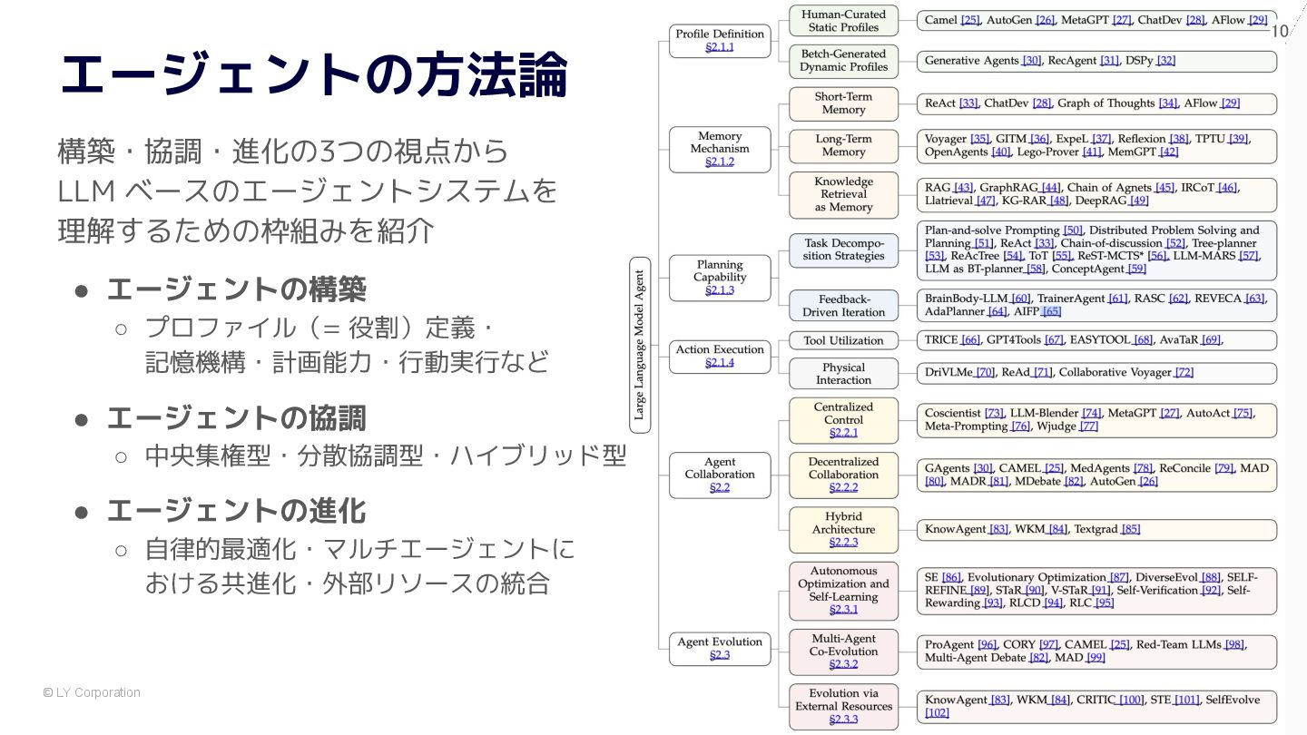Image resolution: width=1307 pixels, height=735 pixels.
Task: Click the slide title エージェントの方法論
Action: pos(313,74)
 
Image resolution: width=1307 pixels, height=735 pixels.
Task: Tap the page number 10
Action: pos(1279,32)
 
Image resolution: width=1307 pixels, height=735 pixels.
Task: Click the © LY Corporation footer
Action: pos(92,692)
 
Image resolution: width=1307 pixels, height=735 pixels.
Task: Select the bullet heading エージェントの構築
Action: pos(236,289)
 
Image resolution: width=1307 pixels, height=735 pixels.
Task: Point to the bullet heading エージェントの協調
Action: pos(236,418)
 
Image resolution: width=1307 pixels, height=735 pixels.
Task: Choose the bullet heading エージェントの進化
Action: pos(236,511)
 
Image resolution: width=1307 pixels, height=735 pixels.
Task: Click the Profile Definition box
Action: pos(719,41)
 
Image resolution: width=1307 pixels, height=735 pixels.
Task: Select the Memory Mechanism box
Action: pos(719,149)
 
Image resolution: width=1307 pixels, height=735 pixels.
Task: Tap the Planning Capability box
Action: pos(719,277)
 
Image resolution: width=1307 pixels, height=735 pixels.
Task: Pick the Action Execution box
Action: pos(719,356)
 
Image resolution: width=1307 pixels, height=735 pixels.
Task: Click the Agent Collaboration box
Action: pos(719,475)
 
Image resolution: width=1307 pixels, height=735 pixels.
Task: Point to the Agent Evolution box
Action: pos(719,648)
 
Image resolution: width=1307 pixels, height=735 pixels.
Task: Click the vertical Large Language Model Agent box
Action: pos(640,344)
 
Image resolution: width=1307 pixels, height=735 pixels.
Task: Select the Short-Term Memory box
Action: pos(843,103)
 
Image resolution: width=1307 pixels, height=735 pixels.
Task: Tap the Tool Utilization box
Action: pos(843,341)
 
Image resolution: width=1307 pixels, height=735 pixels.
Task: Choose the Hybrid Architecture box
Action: pos(843,529)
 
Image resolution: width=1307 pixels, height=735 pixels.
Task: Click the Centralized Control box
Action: pos(843,419)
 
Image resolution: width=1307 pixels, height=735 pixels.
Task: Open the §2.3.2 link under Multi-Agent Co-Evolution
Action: pos(843,664)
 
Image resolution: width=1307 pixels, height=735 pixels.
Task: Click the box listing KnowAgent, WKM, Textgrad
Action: pos(1096,529)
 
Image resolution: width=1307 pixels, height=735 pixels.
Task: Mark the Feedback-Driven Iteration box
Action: pos(843,306)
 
